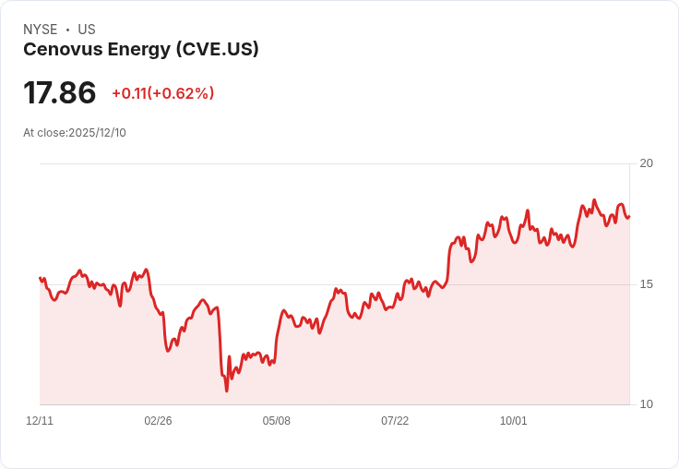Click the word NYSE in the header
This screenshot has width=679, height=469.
click(x=41, y=30)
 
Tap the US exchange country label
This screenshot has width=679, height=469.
click(x=87, y=30)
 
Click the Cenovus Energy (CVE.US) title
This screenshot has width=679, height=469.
click(x=141, y=50)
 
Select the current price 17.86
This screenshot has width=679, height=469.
click(x=60, y=93)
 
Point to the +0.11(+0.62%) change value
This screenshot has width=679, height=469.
click(x=163, y=93)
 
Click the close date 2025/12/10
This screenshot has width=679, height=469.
click(x=97, y=133)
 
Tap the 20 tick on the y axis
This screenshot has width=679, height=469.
click(x=647, y=163)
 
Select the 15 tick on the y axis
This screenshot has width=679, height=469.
click(x=647, y=284)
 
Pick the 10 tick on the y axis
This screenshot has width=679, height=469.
click(x=647, y=404)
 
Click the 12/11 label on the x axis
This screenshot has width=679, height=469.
click(x=40, y=421)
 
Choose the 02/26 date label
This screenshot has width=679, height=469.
click(x=158, y=421)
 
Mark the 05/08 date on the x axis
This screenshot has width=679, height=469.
click(x=277, y=421)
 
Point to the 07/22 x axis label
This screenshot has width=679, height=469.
click(x=395, y=421)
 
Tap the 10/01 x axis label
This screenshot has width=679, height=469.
click(x=514, y=421)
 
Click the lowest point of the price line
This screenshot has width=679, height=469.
click(x=226, y=391)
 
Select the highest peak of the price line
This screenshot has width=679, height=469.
click(x=594, y=200)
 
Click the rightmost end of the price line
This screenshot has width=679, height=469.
click(x=629, y=217)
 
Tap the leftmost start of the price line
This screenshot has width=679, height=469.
click(x=40, y=278)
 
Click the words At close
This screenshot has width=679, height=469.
click(x=44, y=133)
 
